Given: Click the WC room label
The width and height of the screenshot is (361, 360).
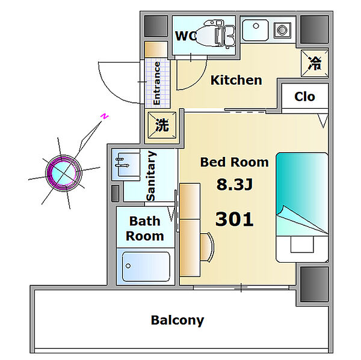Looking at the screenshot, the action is point(186,36).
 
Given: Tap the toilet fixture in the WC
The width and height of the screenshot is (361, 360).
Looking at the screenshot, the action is point(217,34).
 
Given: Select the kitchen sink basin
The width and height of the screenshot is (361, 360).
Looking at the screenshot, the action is point(255,30).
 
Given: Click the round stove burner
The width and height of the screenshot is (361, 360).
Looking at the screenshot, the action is point(282,30).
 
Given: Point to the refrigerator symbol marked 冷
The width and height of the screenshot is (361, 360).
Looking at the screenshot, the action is point(315,63).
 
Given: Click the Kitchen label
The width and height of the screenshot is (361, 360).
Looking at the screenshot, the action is point(236,81).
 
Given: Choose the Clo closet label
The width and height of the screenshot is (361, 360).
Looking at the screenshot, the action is point(304,97).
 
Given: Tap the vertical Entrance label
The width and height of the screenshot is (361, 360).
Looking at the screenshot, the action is point(157,83).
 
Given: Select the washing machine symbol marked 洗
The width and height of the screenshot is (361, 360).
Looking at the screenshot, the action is point(162,125).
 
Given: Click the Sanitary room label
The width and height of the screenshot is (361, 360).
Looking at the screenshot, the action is point(151,176).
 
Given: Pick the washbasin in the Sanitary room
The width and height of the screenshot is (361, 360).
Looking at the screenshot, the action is point(126,165).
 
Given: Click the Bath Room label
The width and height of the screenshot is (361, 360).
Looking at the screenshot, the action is point(145,228).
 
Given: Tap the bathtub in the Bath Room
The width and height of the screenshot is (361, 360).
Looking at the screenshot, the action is point(146,267).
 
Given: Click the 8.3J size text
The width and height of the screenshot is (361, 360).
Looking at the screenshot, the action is point(235,185).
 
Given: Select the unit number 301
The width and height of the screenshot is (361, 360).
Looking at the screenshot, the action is point(235,219).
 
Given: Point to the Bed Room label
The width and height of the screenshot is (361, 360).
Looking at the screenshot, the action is point(235,162).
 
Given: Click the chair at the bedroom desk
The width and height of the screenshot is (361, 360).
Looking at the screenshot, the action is point(207,247).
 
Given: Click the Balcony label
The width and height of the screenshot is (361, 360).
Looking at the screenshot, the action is point(177,320).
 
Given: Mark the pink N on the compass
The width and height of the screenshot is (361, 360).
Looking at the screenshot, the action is point(104,117).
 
